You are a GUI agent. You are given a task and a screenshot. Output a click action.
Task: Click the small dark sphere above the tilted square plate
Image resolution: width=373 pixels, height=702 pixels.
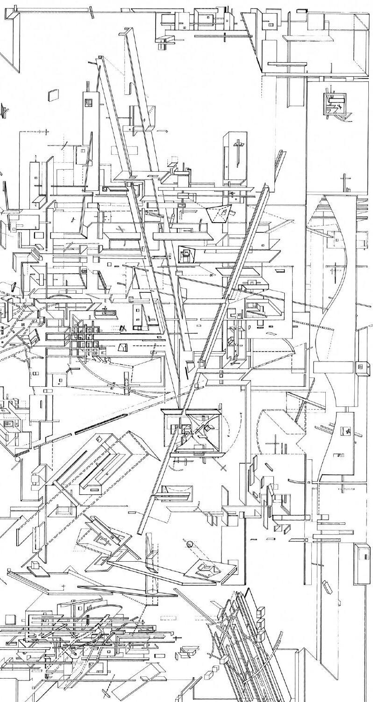(x=189, y=544)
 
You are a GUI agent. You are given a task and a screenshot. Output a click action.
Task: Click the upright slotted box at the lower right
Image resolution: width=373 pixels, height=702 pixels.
(x=362, y=563)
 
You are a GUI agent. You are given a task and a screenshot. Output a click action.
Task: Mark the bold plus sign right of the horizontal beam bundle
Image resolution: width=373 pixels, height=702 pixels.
(x=176, y=637)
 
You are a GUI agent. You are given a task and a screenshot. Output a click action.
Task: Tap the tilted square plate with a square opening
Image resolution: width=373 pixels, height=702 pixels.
(x=204, y=569)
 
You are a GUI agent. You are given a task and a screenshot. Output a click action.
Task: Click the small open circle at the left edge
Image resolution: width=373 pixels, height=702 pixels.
(x=18, y=460)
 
